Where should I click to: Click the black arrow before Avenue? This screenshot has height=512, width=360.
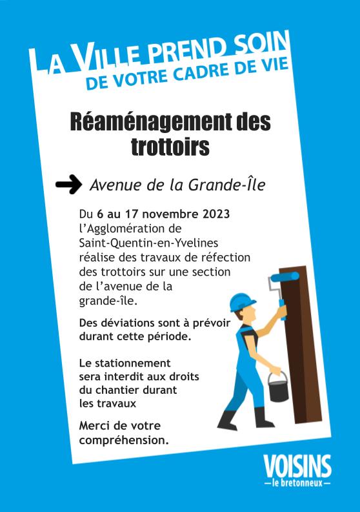pyautogui.click(x=68, y=185)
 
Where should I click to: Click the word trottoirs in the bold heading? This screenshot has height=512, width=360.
pyautogui.click(x=170, y=147)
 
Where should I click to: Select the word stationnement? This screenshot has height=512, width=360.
pyautogui.click(x=134, y=363)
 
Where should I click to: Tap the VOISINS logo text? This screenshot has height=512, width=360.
pyautogui.click(x=297, y=466)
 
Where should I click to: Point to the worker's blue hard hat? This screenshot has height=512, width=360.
pyautogui.click(x=242, y=302)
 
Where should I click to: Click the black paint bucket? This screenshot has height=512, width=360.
pyautogui.click(x=278, y=389)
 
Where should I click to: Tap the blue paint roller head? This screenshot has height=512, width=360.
pyautogui.click(x=283, y=276)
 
